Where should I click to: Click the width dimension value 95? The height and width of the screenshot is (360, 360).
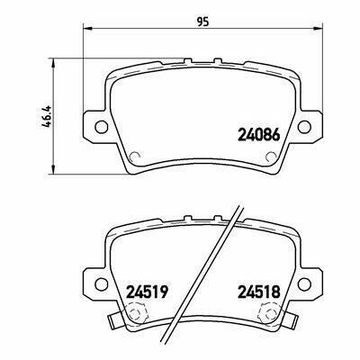pos(202,22)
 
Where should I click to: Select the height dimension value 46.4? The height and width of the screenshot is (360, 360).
pos(48,116)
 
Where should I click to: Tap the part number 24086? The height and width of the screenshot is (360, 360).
pos(259,135)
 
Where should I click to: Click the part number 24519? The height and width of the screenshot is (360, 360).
pos(146,292)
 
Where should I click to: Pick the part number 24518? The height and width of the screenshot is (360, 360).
pos(258,292)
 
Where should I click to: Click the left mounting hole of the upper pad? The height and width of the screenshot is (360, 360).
pos(101,126)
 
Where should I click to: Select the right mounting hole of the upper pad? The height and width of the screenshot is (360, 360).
pos(304,126)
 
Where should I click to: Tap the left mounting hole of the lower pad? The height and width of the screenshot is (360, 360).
pos(101,283)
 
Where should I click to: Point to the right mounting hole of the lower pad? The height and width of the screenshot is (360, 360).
pos(304,283)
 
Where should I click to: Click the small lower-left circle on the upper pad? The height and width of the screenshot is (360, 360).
pos(136,157)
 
